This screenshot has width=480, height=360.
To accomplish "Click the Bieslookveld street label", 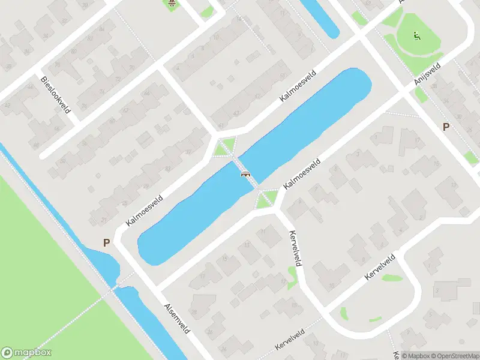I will tap(56, 95).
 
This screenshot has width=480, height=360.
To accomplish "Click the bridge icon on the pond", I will tap(245, 175).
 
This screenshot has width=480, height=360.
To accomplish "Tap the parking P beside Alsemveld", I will tap(107, 243).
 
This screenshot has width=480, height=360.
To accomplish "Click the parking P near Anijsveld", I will tap(446, 127).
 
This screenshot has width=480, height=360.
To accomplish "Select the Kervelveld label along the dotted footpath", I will tap(290, 340).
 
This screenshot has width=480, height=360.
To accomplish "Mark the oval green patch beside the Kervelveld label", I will tap(392, 278).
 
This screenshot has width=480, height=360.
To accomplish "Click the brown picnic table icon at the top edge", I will tap(172, 3).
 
